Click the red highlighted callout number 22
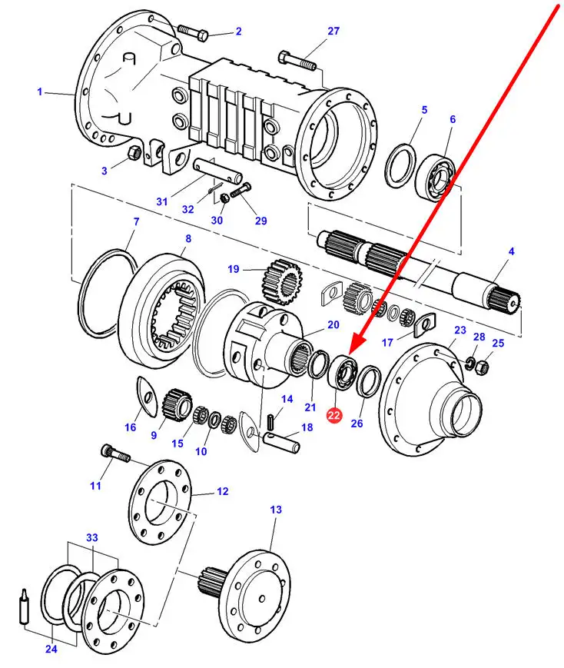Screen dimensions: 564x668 334,415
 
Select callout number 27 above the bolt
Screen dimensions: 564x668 333,31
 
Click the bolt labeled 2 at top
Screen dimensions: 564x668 193,32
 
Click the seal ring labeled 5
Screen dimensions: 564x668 400,166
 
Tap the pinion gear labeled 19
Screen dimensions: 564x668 282,282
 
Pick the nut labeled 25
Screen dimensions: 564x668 483,367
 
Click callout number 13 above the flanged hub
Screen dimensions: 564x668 276,510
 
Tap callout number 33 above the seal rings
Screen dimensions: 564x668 92,537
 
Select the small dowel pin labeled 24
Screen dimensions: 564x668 25,607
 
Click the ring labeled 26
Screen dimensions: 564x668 369,381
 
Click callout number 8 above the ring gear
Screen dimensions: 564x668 187,238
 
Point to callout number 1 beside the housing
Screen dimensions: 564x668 40,91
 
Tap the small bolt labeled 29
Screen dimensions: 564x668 241,191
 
